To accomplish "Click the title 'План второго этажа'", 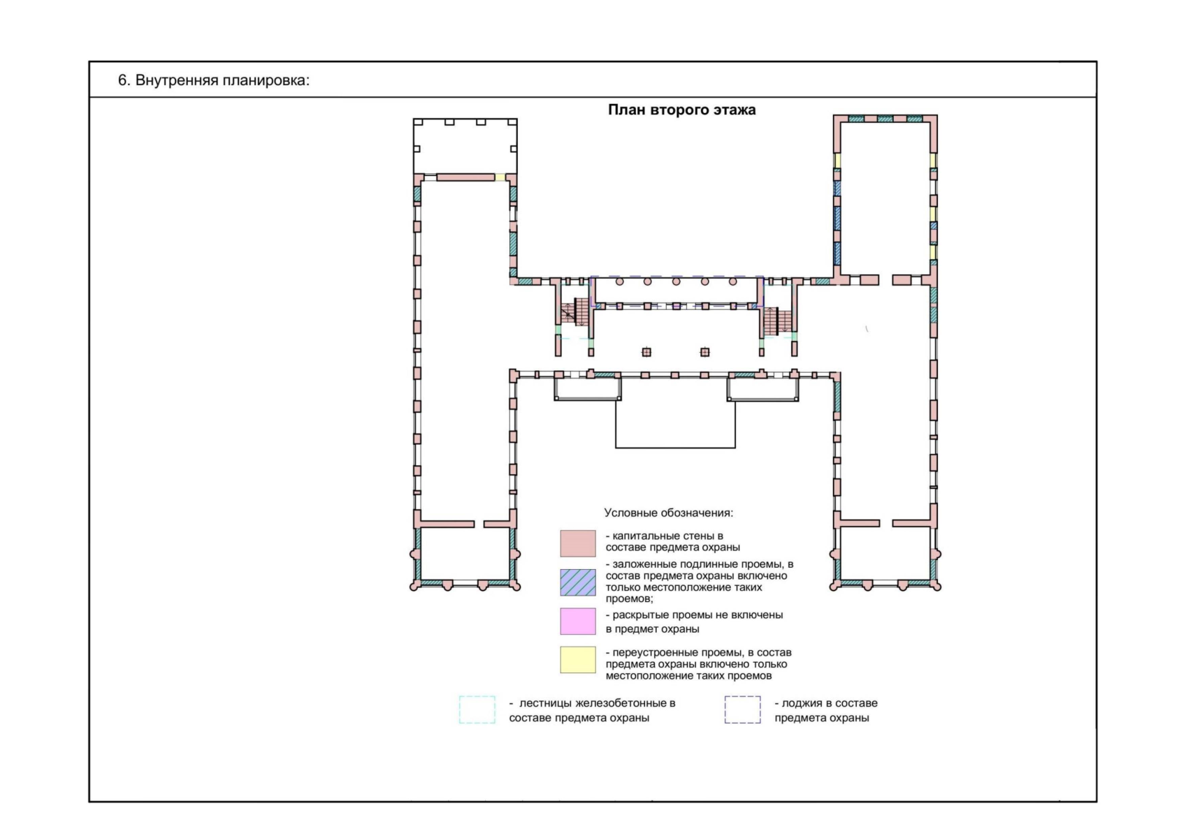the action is point(681,110).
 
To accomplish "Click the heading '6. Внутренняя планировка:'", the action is point(213,80).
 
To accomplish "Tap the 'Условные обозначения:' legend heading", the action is point(668,513).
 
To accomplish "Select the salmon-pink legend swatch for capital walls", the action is point(578,543).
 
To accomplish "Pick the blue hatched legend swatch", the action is point(578,582).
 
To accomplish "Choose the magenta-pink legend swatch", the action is point(578,621).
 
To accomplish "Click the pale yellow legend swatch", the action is point(578,660).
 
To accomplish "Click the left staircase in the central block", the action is point(574,312).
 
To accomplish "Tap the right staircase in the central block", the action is point(777,321).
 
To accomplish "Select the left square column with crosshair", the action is point(646,352).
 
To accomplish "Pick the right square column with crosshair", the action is point(704,352).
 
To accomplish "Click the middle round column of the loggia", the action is point(676,282).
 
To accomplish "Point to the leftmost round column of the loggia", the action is point(619,282).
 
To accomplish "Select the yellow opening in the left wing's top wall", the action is point(500,177).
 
